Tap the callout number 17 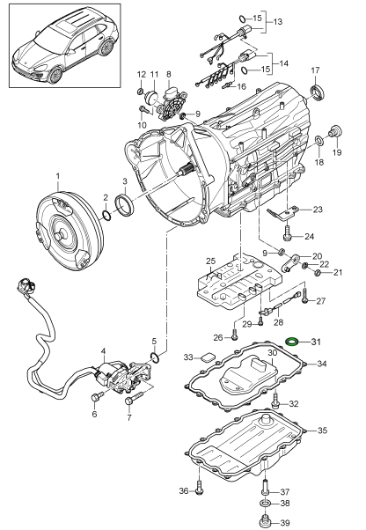[x=315, y=70]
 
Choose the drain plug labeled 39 [x=264, y=519]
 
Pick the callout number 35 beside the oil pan [x=322, y=431]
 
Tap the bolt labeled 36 [x=199, y=485]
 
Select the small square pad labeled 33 [x=208, y=357]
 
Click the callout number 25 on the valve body [x=210, y=261]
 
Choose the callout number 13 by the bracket [x=277, y=22]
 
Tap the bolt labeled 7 [x=135, y=398]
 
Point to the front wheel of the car [x=55, y=75]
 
